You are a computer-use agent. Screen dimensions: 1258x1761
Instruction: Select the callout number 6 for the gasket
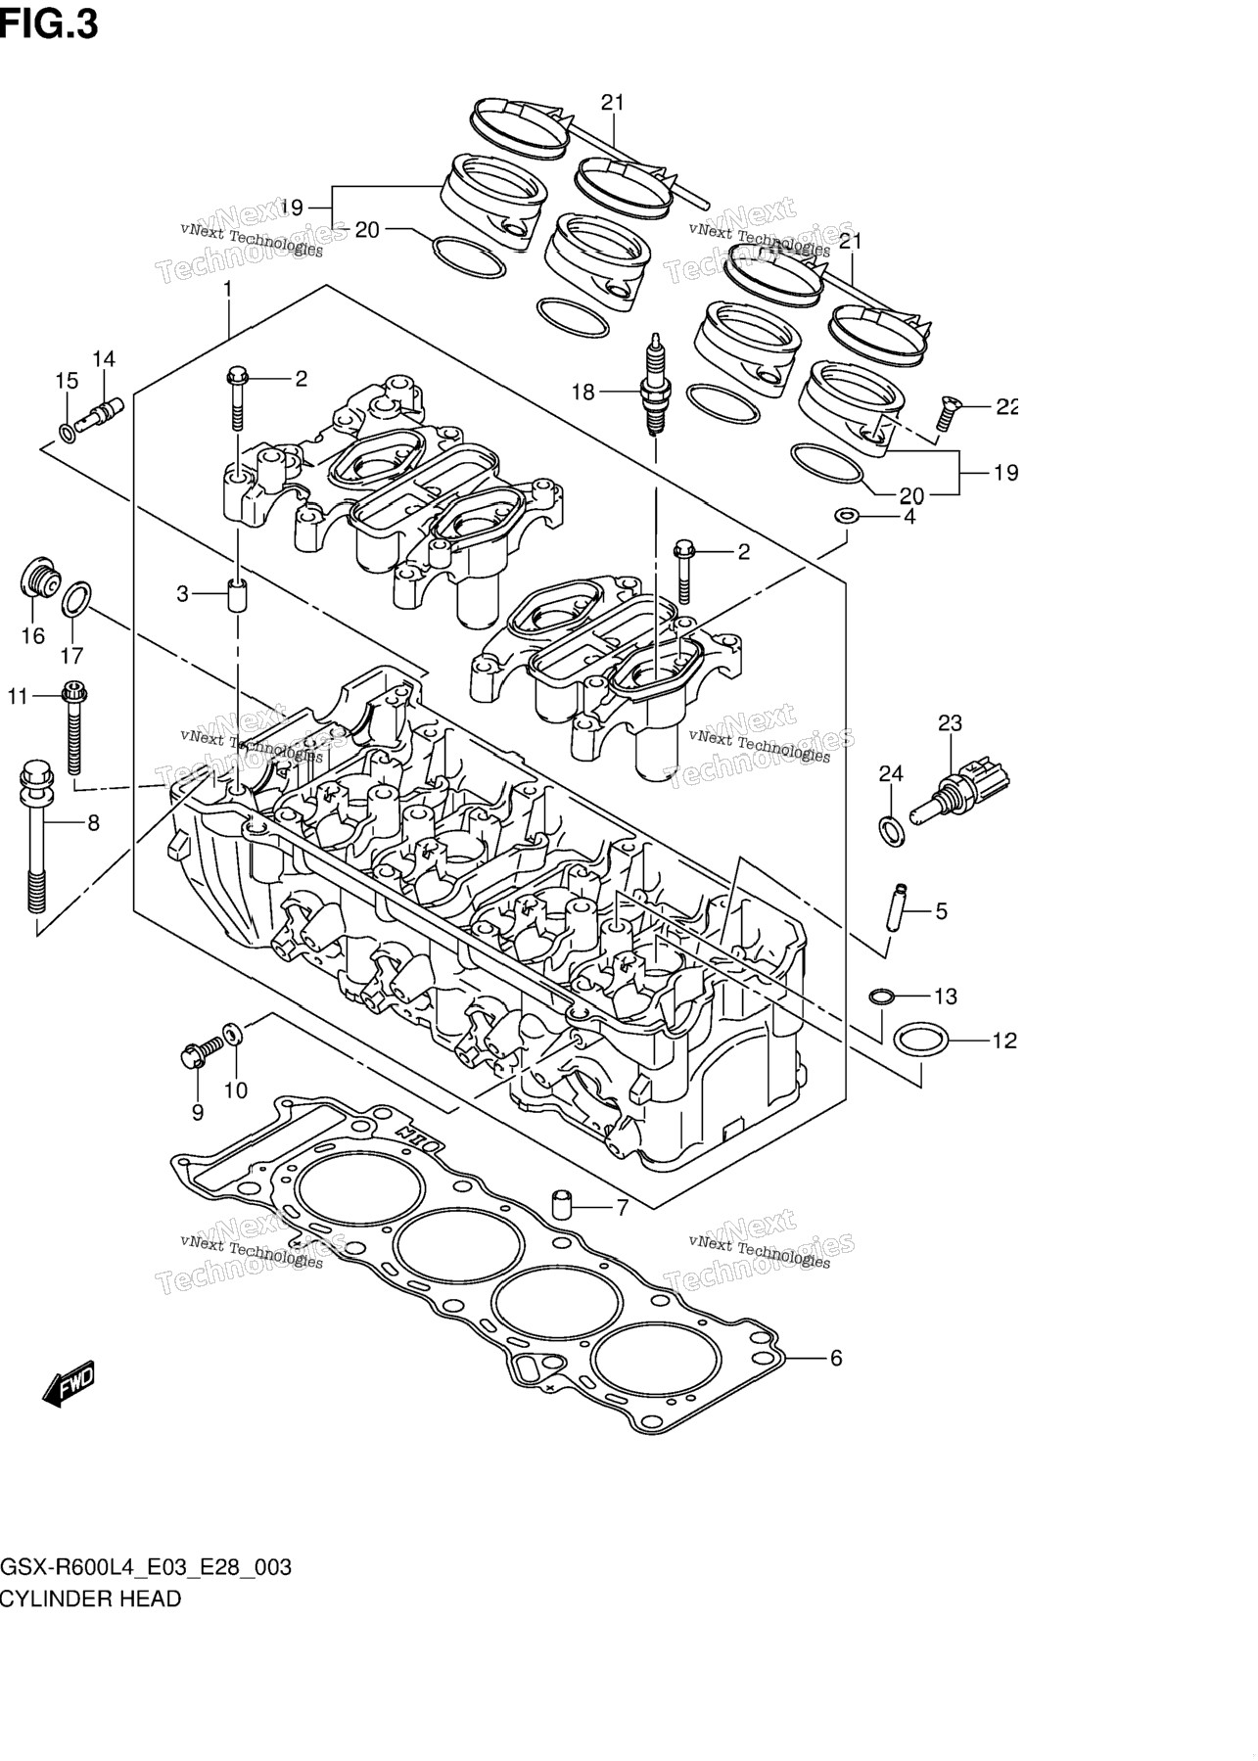tap(835, 1358)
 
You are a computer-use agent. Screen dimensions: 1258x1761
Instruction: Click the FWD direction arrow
tap(69, 1383)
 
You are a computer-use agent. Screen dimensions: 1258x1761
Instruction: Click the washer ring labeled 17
tap(77, 600)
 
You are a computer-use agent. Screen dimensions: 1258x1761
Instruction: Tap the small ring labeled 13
tap(881, 996)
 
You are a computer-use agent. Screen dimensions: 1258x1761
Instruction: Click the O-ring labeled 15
tap(66, 432)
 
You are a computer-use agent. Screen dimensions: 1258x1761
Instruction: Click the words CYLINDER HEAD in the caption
tap(90, 1599)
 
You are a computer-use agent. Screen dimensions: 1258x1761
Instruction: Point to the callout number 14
tap(104, 359)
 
